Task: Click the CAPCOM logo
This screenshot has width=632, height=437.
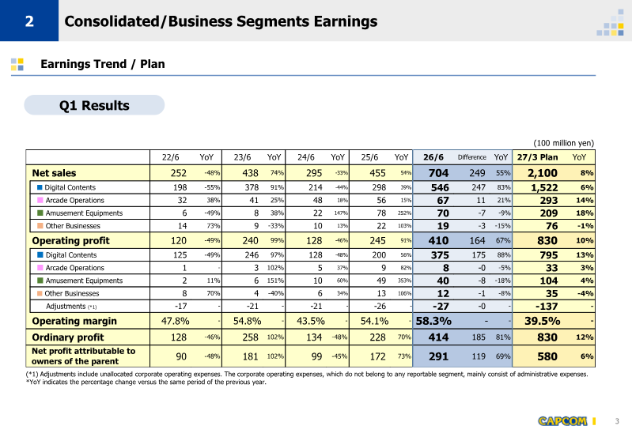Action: (562, 421)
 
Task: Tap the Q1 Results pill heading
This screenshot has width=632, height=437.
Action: (94, 106)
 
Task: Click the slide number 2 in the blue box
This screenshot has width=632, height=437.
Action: (29, 21)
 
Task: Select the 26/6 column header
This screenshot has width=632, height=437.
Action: (433, 157)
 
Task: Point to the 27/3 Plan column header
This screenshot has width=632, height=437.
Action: (537, 157)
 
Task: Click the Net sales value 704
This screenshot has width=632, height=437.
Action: (438, 173)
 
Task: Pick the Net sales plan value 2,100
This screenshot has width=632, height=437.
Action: (543, 173)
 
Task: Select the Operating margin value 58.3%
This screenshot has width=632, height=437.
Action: (433, 321)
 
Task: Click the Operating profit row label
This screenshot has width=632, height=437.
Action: (70, 240)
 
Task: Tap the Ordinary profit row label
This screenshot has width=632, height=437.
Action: (68, 337)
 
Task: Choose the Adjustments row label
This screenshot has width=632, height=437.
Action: (71, 307)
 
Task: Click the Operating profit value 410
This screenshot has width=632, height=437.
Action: (438, 240)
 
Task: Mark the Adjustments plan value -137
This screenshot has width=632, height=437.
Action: (547, 307)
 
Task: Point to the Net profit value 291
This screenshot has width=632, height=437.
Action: (438, 356)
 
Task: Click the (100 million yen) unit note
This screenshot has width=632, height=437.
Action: (563, 143)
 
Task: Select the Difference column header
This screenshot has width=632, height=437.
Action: (471, 157)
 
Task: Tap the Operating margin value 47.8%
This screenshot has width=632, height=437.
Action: (176, 321)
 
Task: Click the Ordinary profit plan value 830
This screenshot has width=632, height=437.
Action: (547, 337)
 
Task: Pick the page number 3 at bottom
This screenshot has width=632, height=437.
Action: (617, 421)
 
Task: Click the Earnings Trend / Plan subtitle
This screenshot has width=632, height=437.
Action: (102, 64)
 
